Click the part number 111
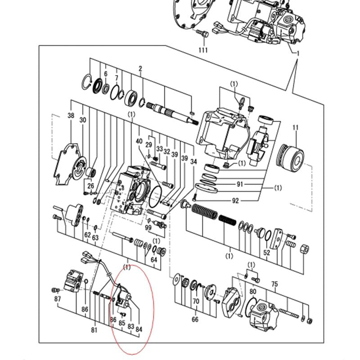(203, 50)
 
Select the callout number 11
(295, 128)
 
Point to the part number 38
(71, 116)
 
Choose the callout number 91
(239, 184)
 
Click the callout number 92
(235, 201)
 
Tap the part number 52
(267, 253)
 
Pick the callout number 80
(253, 291)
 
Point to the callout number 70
(196, 301)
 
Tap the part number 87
(57, 299)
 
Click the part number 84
(139, 329)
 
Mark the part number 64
(154, 260)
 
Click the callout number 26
(90, 186)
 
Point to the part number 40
(139, 141)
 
